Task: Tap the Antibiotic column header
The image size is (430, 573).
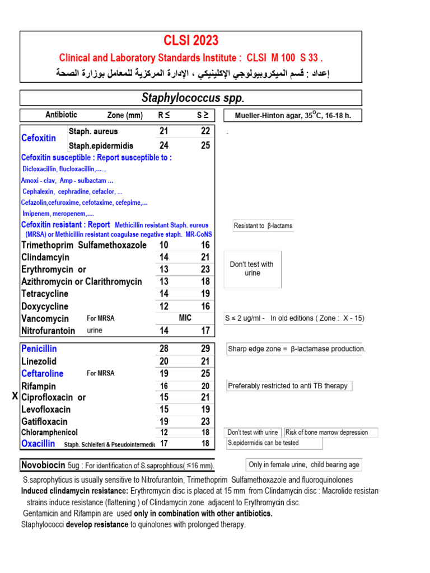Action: coord(61,115)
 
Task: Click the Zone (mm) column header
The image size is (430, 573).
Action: coord(125,115)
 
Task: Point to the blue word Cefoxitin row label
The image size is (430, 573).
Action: coord(38,138)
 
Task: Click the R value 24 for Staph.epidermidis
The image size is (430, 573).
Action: coord(163,145)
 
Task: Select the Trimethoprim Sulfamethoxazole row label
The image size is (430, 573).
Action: coord(84,245)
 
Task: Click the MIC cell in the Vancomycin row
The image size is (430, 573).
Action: coord(185,318)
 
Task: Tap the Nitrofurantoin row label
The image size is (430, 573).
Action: coord(48,331)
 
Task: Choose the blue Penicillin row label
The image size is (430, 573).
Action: coord(39,349)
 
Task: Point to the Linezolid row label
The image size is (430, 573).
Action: coord(39,361)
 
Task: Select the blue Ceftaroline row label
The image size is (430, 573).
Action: coord(42,374)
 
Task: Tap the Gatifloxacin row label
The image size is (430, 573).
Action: coord(44,421)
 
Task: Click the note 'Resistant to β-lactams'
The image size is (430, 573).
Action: coord(263,226)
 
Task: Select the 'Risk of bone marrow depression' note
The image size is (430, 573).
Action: coord(330,432)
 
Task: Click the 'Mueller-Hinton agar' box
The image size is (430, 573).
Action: coord(292,116)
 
